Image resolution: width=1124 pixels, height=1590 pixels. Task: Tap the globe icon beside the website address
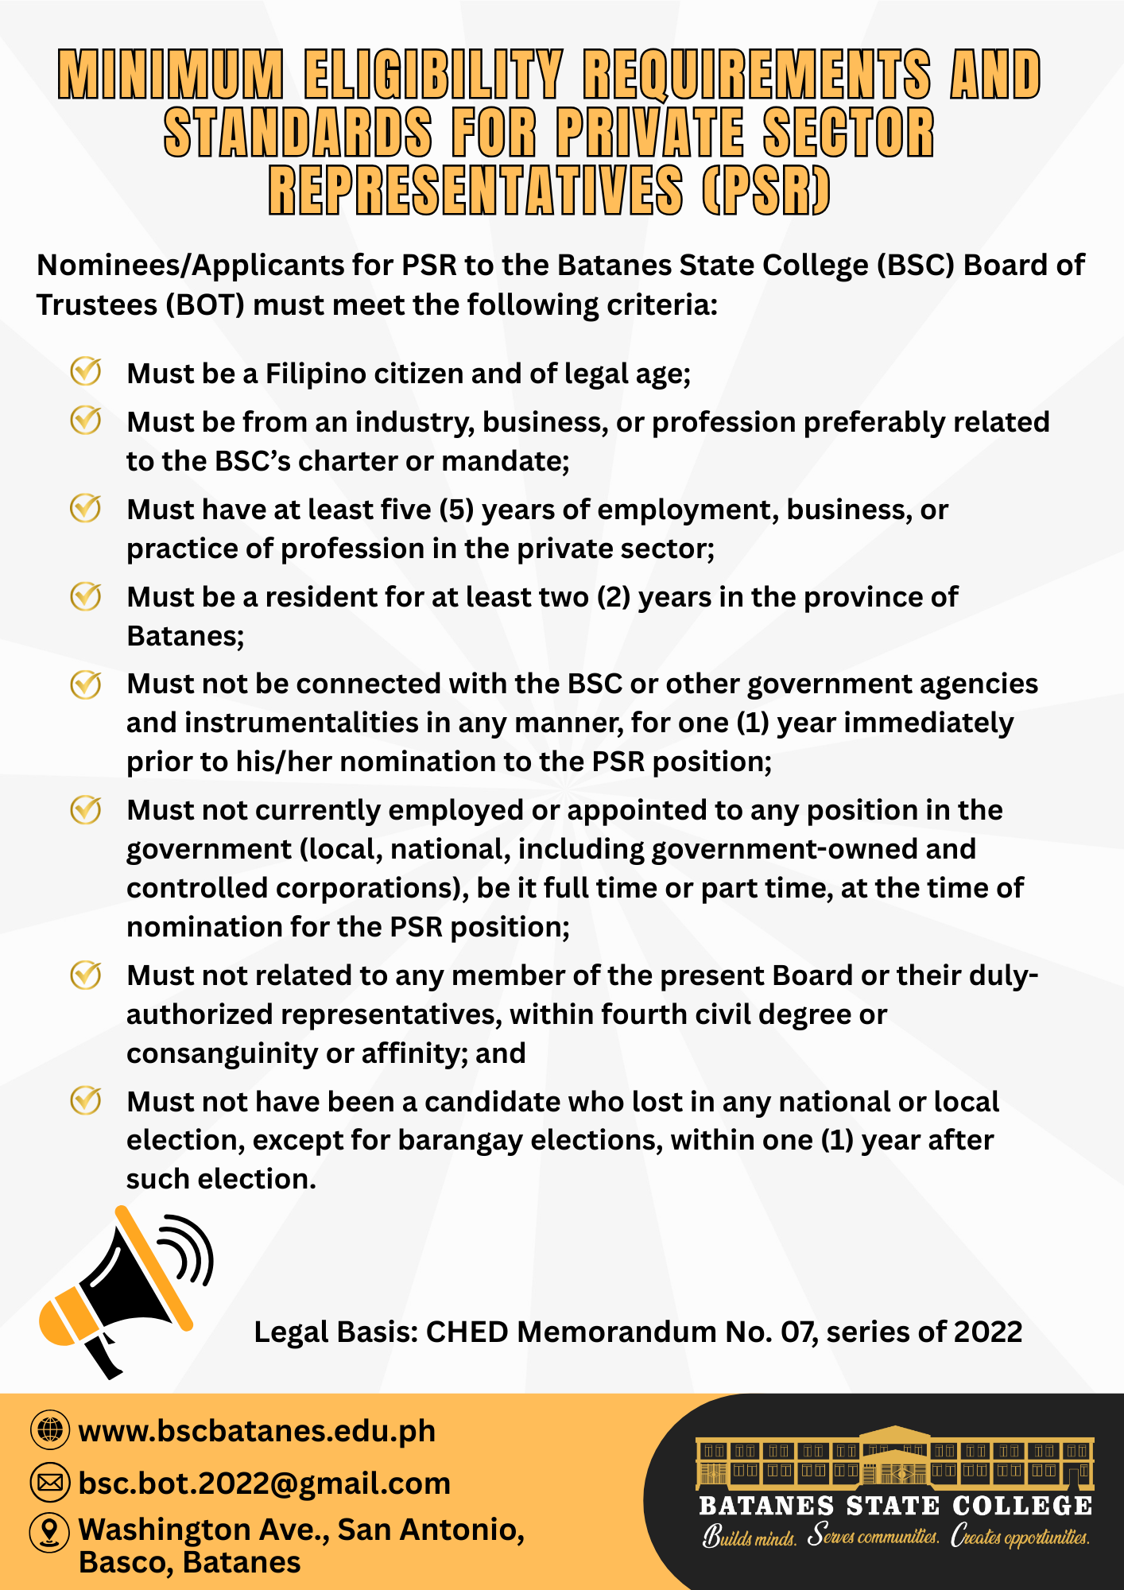tap(49, 1430)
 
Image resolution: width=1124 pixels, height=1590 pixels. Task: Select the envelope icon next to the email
tap(49, 1483)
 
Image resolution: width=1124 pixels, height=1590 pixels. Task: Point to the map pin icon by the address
tap(49, 1531)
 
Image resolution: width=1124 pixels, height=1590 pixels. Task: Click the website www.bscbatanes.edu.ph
tap(257, 1431)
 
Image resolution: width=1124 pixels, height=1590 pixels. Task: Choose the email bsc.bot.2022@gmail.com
tap(264, 1483)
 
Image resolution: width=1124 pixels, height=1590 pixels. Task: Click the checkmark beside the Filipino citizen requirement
tap(86, 371)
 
